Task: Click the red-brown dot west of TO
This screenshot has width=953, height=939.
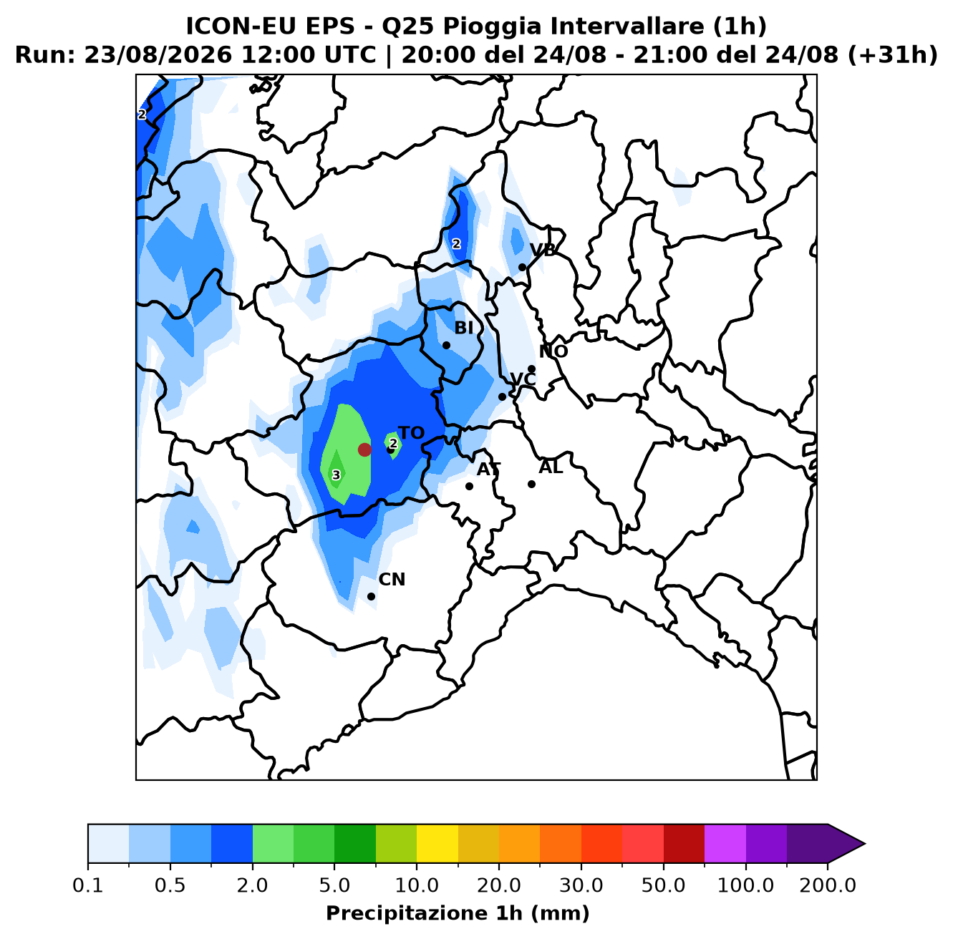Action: [x=364, y=449]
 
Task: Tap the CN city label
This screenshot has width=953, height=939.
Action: [x=392, y=580]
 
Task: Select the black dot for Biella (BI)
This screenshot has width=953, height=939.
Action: [x=446, y=345]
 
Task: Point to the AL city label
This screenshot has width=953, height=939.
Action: [x=551, y=467]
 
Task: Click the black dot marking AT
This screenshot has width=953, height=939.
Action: [x=469, y=487]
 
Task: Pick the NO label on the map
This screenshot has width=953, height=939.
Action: [x=553, y=351]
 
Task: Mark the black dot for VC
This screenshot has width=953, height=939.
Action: [x=502, y=396]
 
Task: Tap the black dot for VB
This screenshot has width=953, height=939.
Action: [x=522, y=268]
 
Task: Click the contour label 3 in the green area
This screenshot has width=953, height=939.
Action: [x=337, y=475]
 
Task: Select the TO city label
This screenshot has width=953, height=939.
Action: [x=412, y=433]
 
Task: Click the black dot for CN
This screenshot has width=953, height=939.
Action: [x=371, y=597]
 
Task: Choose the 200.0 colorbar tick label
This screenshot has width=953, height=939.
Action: [x=828, y=885]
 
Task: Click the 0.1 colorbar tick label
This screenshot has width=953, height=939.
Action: [x=88, y=885]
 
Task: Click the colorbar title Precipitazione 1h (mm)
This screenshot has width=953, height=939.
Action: [x=458, y=913]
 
